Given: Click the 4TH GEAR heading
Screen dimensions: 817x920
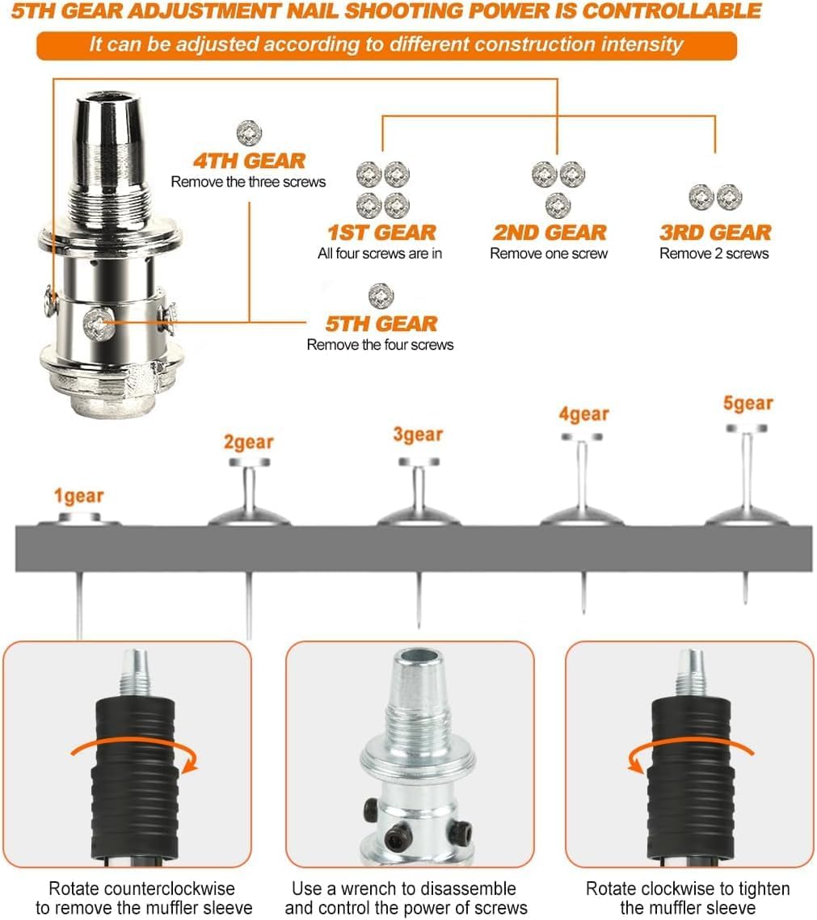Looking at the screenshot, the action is click(x=250, y=161).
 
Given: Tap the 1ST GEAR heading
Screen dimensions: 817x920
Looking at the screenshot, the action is click(x=381, y=233).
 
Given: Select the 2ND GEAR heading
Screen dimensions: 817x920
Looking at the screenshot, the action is click(x=550, y=233).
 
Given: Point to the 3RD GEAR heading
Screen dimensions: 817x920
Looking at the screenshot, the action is click(x=715, y=233).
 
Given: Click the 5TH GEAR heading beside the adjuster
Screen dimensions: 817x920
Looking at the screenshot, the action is click(x=381, y=324).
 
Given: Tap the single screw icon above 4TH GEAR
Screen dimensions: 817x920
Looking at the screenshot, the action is click(x=249, y=133).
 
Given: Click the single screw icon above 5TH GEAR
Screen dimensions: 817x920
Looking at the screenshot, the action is click(x=381, y=296).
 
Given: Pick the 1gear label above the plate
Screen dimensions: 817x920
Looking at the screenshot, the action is click(x=78, y=497).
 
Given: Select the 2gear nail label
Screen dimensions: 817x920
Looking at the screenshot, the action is click(x=248, y=442).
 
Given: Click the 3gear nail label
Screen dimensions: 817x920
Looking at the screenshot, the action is click(x=418, y=435).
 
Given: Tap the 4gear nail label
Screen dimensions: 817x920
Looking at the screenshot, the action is click(x=583, y=414).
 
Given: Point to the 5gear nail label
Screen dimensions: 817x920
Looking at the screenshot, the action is click(x=748, y=404).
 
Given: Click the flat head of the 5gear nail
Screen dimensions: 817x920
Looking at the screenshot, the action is click(x=747, y=428).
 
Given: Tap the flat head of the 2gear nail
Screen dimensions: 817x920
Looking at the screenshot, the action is click(x=250, y=462).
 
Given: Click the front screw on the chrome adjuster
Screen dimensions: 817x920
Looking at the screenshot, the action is click(x=99, y=324).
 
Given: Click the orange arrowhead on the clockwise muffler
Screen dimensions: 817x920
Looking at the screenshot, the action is click(x=636, y=762).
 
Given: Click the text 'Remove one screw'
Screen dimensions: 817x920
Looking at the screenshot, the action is click(x=549, y=254).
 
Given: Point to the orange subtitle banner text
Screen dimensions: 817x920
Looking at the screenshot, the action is click(x=386, y=44).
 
